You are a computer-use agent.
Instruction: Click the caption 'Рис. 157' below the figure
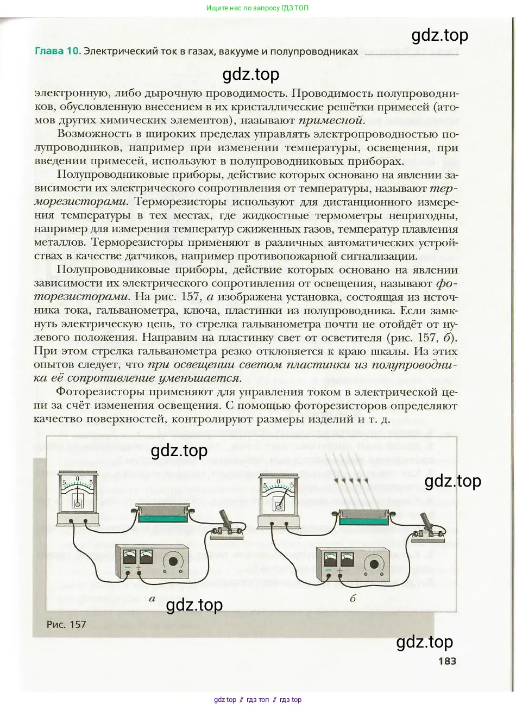(x=66, y=624)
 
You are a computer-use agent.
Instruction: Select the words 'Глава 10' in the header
(x=58, y=52)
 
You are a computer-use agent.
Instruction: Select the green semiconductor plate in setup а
(x=162, y=514)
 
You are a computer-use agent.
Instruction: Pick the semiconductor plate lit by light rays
(x=363, y=517)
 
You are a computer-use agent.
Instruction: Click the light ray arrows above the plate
(x=351, y=481)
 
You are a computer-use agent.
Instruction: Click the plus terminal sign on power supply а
(x=139, y=568)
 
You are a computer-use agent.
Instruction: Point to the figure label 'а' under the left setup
(x=152, y=598)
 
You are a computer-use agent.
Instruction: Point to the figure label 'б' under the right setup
(x=353, y=599)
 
